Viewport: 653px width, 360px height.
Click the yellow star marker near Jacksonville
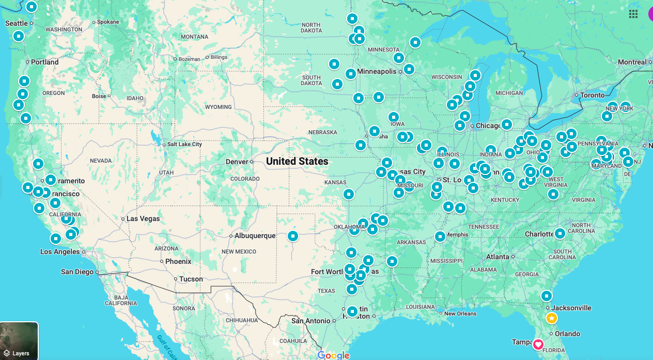552,318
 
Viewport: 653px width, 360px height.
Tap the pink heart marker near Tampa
538,344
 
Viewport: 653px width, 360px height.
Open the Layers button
19,341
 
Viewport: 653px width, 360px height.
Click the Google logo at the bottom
333,355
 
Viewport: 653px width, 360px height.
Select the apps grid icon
633,14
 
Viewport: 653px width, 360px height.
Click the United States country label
297,162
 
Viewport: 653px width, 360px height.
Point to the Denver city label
237,162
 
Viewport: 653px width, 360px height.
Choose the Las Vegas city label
143,218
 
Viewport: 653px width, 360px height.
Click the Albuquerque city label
255,236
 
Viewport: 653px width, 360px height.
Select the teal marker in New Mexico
293,236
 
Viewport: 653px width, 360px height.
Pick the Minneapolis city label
377,71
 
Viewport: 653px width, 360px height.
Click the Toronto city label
592,95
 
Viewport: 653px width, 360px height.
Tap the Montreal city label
632,62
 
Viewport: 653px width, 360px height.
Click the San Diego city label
77,272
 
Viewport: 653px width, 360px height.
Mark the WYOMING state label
218,107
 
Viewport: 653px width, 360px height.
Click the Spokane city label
108,22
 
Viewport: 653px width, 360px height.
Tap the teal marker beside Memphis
440,237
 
